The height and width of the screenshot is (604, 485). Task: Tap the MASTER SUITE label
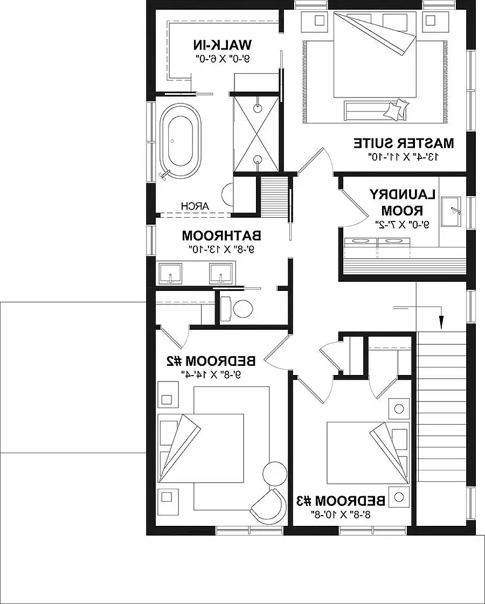pyautogui.click(x=404, y=143)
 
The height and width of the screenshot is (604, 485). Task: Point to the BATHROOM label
pyautogui.click(x=221, y=235)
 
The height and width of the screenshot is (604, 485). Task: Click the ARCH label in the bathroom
pyautogui.click(x=191, y=205)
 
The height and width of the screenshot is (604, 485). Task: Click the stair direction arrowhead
pyautogui.click(x=441, y=322)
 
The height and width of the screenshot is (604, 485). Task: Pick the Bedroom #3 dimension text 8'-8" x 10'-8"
pyautogui.click(x=342, y=515)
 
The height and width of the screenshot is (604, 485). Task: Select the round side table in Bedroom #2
pyautogui.click(x=274, y=473)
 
